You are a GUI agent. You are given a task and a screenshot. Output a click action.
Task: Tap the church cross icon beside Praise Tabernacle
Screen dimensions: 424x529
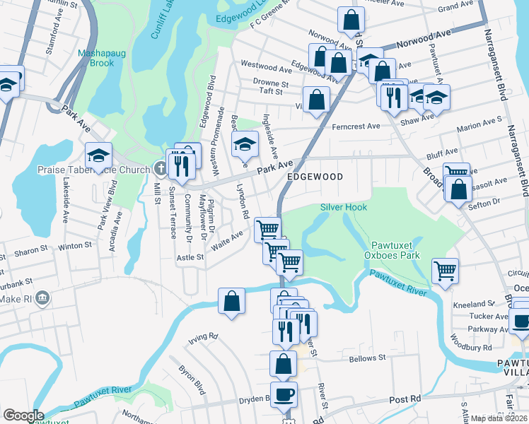[x=161, y=169]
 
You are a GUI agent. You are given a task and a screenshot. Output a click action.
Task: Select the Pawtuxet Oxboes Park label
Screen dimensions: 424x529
[x=392, y=249]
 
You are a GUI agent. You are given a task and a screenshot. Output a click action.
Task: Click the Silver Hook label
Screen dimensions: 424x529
[x=344, y=207]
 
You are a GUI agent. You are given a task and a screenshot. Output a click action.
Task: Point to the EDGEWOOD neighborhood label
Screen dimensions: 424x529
[x=315, y=177]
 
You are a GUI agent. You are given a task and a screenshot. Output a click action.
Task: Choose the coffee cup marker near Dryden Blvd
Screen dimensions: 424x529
[x=284, y=394]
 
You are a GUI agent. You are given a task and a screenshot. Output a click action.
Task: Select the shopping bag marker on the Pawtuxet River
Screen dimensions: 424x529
[x=231, y=300]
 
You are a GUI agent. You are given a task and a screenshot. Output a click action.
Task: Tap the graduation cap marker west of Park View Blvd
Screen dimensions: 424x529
[x=98, y=155]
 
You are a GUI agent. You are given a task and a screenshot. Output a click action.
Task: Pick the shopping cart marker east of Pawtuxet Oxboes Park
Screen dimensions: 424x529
[x=445, y=271]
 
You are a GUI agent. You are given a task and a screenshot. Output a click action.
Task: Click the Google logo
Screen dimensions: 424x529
[x=23, y=416]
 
